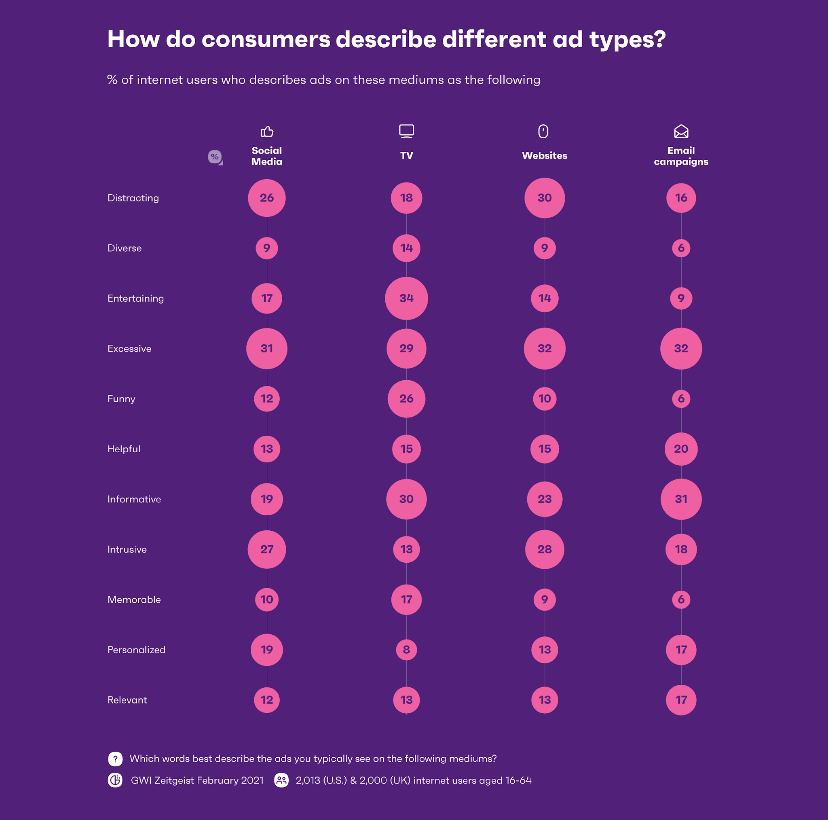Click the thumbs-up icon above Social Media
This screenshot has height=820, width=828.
point(267,131)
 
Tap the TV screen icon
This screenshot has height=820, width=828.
point(406,131)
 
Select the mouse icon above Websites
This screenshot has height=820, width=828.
point(543,131)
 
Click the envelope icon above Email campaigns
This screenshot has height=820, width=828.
point(681,131)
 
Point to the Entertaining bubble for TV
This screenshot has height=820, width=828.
point(406,299)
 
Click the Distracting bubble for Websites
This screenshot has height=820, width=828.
point(544,198)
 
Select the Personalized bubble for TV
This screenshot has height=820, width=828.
point(406,650)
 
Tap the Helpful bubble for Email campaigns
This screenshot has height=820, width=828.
point(681,449)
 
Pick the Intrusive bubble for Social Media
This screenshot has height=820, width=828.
point(266,549)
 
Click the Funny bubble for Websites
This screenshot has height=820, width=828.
point(544,399)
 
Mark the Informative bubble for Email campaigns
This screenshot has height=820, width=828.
point(681,499)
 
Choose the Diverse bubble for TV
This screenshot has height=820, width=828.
point(406,248)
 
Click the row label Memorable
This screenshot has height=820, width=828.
point(134,600)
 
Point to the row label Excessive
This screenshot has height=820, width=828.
point(129,349)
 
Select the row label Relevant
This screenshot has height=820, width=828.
point(127,700)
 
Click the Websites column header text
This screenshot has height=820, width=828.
point(544,156)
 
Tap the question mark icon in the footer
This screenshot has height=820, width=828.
point(115,759)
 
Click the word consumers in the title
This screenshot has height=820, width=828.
point(266,40)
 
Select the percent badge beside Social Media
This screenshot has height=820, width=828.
point(215,157)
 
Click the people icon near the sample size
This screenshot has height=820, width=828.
point(281,780)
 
